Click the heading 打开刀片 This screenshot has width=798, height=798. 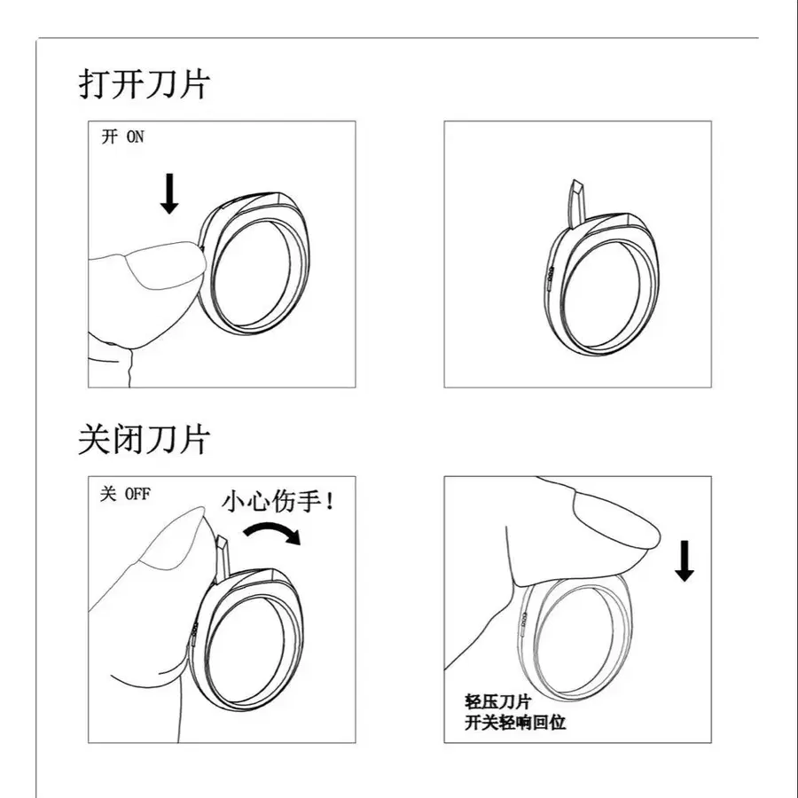pos(145,86)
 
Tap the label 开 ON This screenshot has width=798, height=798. pos(122,137)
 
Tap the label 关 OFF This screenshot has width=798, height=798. pos(125,494)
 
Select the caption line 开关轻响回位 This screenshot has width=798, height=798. pos(514,722)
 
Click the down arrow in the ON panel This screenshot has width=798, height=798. pos(168,192)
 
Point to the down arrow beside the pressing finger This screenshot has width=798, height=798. pos(684,560)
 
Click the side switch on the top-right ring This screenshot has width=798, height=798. pos(551,279)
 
